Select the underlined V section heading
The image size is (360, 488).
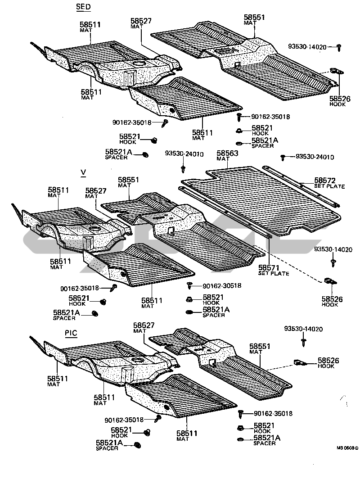82,172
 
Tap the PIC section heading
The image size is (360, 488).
70,334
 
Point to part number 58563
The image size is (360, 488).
228,153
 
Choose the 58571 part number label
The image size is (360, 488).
270,268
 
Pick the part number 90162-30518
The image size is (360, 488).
222,285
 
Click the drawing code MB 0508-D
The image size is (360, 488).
347,448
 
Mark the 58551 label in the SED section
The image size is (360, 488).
254,18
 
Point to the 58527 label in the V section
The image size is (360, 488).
96,191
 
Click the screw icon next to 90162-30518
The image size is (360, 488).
189,285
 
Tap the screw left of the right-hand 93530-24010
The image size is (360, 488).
283,157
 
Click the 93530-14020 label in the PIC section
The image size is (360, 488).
303,329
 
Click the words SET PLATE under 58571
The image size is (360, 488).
274,274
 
